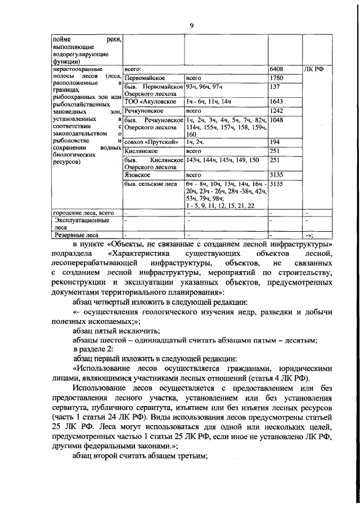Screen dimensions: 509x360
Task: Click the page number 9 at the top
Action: coord(192,25)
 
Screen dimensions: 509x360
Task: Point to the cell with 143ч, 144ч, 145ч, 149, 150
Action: coord(222,160)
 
